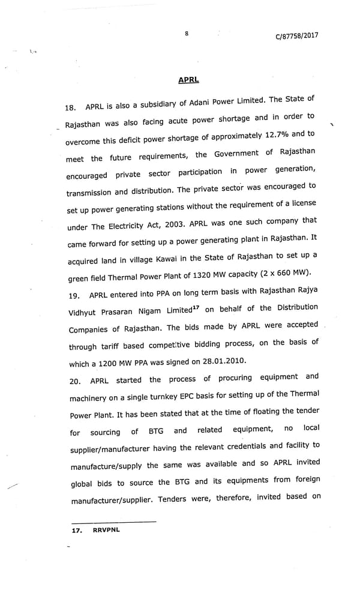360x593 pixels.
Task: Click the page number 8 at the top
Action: (187, 34)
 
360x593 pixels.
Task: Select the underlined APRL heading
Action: (188, 80)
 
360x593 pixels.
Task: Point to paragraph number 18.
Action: (70, 108)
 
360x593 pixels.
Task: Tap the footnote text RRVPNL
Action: (107, 531)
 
